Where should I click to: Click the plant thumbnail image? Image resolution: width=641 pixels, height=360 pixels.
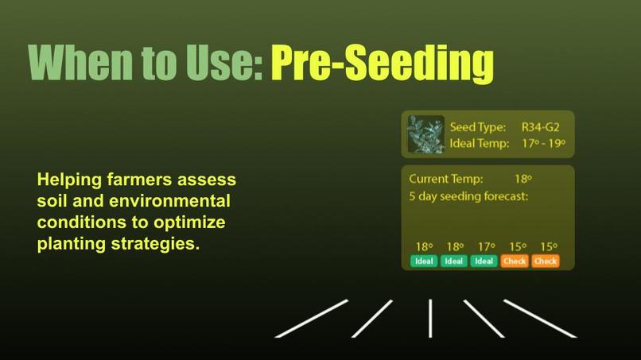tap(425, 134)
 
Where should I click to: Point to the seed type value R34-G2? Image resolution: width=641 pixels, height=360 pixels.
tap(541, 126)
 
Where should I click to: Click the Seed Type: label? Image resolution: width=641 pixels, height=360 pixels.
tap(479, 126)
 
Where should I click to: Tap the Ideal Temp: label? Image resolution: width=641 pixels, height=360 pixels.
tap(479, 144)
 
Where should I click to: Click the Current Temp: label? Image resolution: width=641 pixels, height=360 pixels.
tap(445, 179)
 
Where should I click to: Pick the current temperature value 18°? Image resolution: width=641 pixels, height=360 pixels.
tap(523, 179)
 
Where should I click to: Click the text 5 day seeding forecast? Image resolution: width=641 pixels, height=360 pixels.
tap(468, 195)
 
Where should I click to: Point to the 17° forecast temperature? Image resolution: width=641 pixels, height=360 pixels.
tap(484, 246)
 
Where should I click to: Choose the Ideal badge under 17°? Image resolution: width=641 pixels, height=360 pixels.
tap(484, 261)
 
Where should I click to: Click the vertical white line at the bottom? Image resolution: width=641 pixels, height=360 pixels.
tap(430, 318)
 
